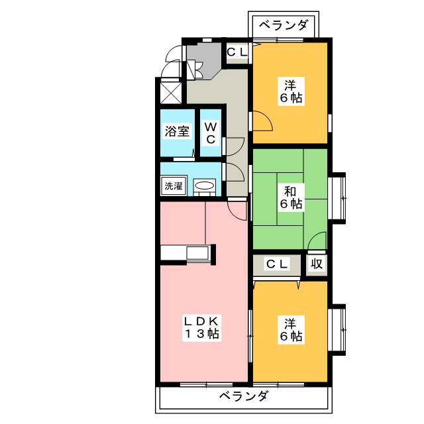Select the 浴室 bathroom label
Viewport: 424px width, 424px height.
point(177,131)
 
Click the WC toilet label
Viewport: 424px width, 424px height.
point(210,131)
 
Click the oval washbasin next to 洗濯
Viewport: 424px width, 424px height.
point(205,187)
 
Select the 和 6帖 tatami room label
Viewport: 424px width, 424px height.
point(290,197)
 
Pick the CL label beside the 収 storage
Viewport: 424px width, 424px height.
point(277,264)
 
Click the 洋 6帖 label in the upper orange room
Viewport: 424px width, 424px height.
point(290,91)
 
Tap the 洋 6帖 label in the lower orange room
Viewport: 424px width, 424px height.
point(290,330)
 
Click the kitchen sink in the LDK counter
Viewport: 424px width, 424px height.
point(198,253)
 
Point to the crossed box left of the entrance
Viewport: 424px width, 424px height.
point(170,91)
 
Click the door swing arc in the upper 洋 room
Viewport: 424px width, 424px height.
point(260,122)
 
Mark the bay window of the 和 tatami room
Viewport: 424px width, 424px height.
point(338,197)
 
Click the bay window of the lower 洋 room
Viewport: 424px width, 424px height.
point(338,329)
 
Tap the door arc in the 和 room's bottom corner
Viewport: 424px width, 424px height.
point(317,241)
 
